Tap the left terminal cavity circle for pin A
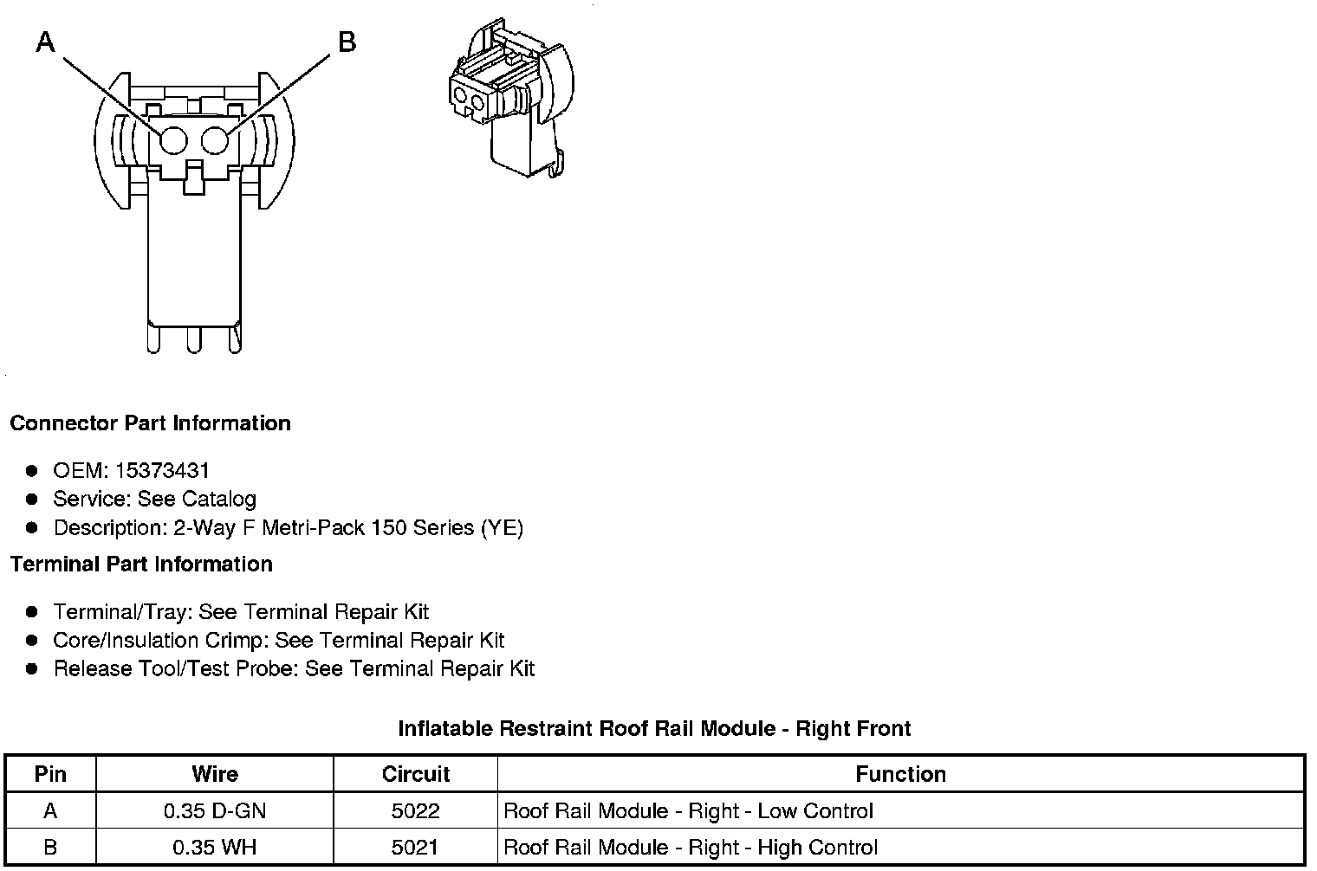[x=173, y=141]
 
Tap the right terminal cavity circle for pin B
[x=214, y=141]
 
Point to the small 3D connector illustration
[x=511, y=100]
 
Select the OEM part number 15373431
[x=162, y=471]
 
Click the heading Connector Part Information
[x=150, y=423]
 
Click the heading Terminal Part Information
[x=141, y=565]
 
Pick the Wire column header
[x=214, y=774]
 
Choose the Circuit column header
[x=416, y=774]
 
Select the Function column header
[x=900, y=774]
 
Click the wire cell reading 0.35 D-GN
[x=214, y=811]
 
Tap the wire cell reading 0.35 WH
[x=214, y=847]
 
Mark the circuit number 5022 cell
[x=416, y=811]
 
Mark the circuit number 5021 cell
[x=416, y=847]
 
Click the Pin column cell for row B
[x=50, y=847]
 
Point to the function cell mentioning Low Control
[x=688, y=811]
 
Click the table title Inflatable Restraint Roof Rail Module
[x=654, y=729]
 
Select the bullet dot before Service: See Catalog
[x=32, y=500]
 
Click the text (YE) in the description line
[x=502, y=528]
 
